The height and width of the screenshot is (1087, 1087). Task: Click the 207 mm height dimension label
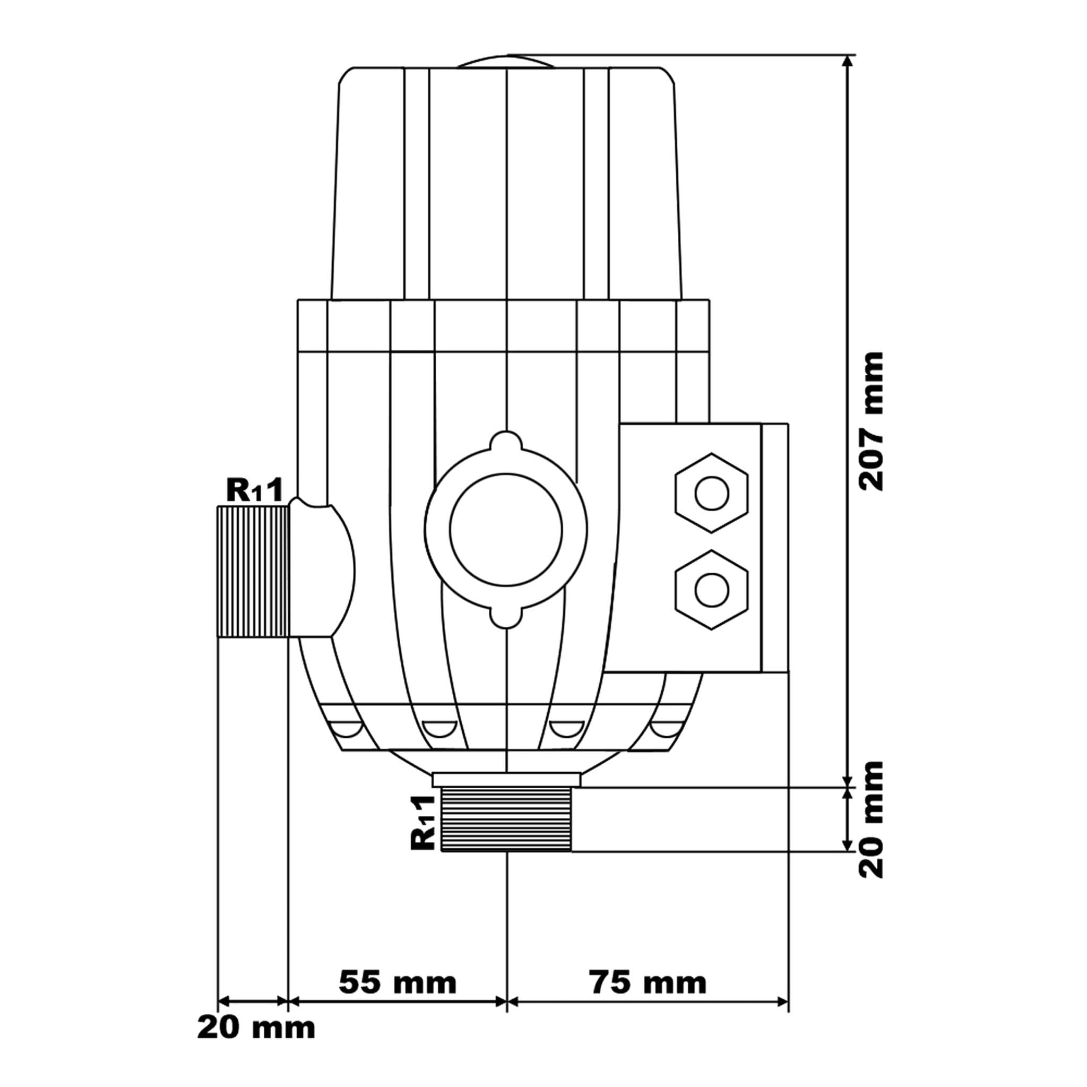coord(871,421)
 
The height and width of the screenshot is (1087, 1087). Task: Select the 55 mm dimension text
coord(398,983)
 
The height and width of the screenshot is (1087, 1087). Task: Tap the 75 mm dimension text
coord(648,983)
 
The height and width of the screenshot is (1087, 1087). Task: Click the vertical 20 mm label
coord(871,819)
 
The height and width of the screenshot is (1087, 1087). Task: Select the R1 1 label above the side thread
coord(253,490)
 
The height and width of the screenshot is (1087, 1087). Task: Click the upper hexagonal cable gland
coord(712,494)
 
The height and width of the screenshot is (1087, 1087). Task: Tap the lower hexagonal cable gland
coord(712,590)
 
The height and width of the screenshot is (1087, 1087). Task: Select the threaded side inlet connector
coord(253,571)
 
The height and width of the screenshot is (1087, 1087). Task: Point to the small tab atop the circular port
coord(506,441)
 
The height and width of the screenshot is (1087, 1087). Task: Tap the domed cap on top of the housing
coord(506,61)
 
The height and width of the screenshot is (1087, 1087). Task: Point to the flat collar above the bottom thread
coord(506,780)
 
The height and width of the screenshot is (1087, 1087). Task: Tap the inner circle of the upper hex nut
coord(712,494)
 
